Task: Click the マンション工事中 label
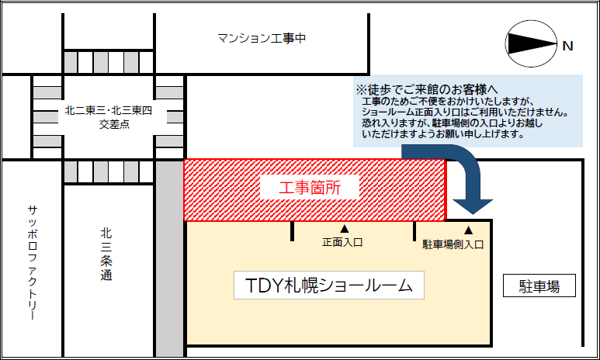(262, 38)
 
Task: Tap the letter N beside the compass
(568, 47)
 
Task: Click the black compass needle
(532, 43)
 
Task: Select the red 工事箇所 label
(310, 188)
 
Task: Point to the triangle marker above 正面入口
(345, 229)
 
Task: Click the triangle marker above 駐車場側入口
(468, 230)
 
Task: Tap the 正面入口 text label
(342, 242)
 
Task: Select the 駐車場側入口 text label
(453, 244)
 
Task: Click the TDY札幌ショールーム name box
(329, 285)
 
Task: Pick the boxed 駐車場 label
(539, 286)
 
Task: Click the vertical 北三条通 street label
(106, 254)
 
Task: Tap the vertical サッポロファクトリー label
(33, 262)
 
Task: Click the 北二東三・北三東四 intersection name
(109, 111)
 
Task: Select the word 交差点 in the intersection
(114, 124)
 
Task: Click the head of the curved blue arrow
(473, 206)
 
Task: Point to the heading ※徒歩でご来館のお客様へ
(427, 89)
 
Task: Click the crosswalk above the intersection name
(109, 62)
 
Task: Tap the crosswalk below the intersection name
(109, 171)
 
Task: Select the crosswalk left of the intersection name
(47, 116)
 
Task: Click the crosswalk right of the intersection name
(169, 116)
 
